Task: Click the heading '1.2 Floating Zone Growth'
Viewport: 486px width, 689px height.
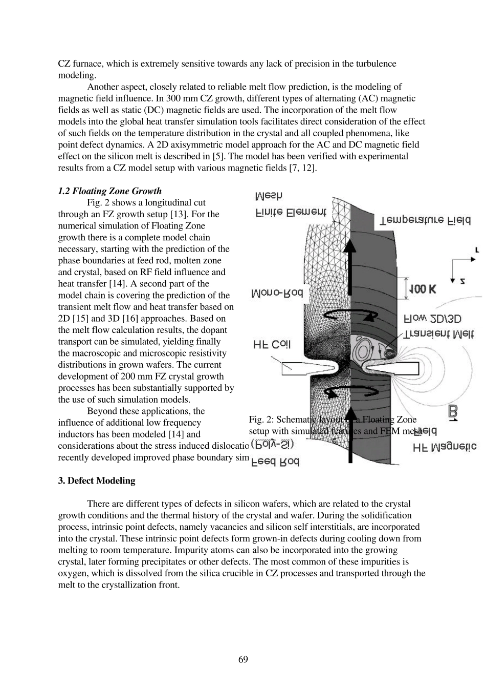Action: pos(109,191)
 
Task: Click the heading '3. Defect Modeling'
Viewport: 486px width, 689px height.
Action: pos(96,481)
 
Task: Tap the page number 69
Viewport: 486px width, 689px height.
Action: pos(243,659)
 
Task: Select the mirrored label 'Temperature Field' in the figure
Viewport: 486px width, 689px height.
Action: pos(425,220)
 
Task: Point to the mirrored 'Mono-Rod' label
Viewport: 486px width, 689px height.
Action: pos(277,293)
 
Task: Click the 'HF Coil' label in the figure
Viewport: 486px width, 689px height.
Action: pos(272,345)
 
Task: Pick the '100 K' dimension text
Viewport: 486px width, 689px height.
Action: pos(422,289)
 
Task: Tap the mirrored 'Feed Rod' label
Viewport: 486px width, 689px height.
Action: pos(276,462)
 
